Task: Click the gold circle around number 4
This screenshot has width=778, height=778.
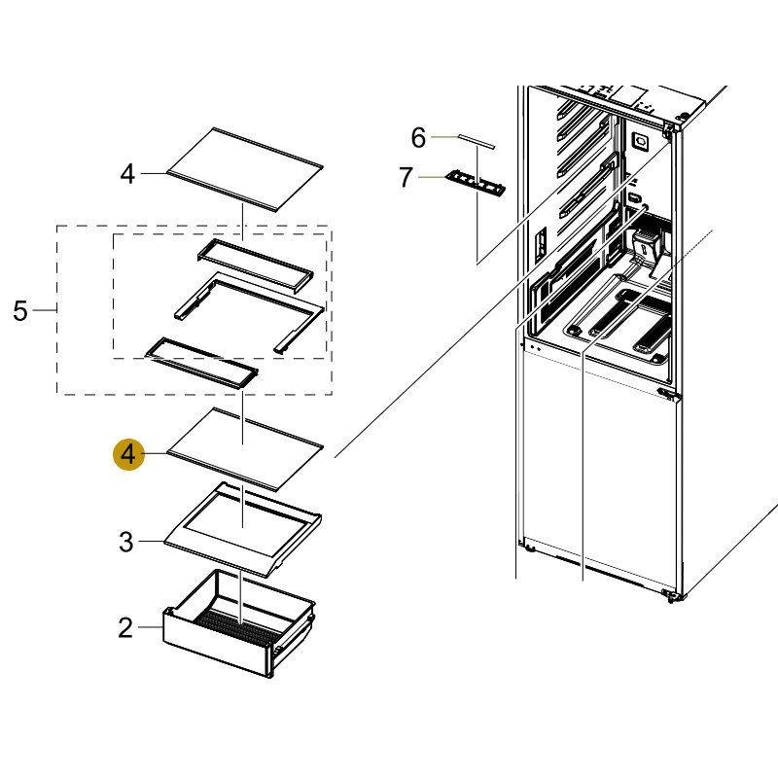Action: (128, 453)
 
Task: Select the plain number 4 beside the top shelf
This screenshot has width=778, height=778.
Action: (127, 174)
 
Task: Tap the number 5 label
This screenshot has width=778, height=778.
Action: (20, 311)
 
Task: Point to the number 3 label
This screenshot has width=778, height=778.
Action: (125, 542)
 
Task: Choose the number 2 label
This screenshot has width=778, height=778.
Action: (124, 628)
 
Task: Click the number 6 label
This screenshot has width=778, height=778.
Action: (418, 138)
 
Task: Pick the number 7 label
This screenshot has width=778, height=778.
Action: (407, 177)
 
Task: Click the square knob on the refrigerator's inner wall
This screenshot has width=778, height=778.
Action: (640, 141)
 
